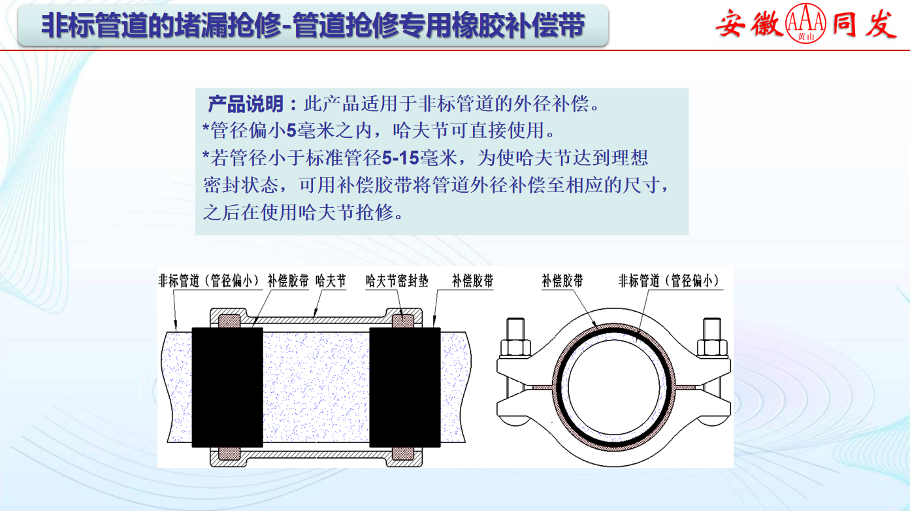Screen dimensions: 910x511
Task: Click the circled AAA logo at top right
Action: click(x=806, y=23)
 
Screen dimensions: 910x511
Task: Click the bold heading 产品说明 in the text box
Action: click(x=246, y=104)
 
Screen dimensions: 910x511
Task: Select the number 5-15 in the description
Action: click(x=400, y=157)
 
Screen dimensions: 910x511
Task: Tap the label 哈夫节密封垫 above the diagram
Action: click(x=397, y=280)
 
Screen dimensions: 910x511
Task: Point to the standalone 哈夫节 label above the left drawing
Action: click(x=331, y=280)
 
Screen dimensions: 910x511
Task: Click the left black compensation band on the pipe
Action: click(x=227, y=387)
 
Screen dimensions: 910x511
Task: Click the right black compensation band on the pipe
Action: click(x=405, y=387)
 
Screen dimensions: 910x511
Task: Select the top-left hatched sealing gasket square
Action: click(x=229, y=321)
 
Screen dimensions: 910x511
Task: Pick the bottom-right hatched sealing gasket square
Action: click(x=403, y=453)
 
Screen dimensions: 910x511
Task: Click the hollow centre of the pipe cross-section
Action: click(x=614, y=387)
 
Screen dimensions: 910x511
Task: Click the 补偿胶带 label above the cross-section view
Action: click(x=562, y=280)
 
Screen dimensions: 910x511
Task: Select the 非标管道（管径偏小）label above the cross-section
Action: click(x=669, y=280)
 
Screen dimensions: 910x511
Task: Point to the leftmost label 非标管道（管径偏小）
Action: click(x=209, y=280)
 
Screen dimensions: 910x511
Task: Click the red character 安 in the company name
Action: click(x=730, y=24)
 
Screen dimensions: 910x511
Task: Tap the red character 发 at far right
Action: click(x=881, y=24)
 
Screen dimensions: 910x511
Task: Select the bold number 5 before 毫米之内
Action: click(x=291, y=131)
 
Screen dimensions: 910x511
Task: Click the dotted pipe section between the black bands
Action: click(x=316, y=387)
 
